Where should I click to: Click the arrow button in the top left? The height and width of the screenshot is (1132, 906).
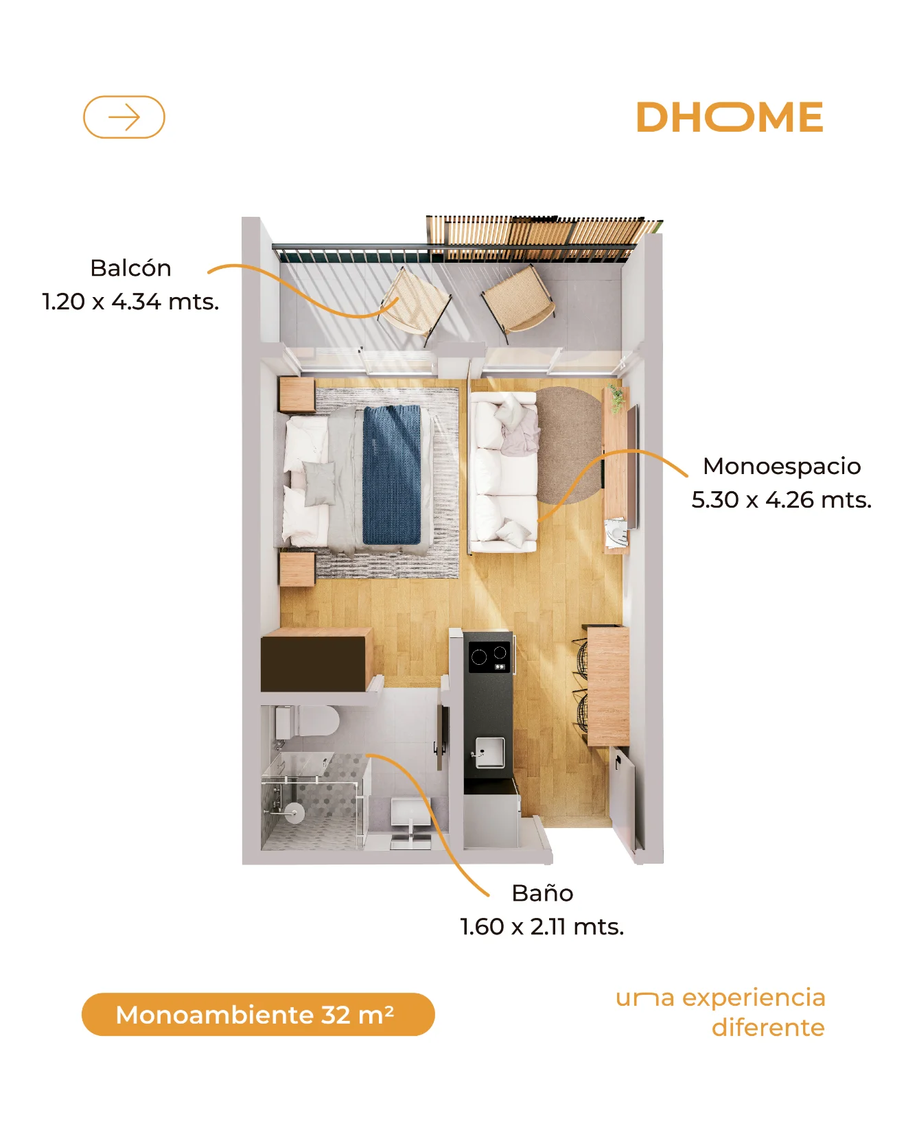click(x=124, y=117)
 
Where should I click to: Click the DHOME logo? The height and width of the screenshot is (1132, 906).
click(x=730, y=117)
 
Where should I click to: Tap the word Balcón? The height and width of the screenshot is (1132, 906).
click(x=130, y=268)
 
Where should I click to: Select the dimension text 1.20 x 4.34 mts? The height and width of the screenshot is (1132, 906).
click(x=130, y=301)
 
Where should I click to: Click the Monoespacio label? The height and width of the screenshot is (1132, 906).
click(x=782, y=467)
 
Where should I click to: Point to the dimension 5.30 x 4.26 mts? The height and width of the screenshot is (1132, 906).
click(x=782, y=499)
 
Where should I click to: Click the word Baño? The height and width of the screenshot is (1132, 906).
click(x=542, y=893)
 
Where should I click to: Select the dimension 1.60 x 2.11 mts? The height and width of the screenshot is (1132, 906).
click(x=542, y=926)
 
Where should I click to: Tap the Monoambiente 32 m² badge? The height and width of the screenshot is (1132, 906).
click(x=258, y=1014)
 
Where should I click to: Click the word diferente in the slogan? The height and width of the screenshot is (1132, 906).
click(x=768, y=1028)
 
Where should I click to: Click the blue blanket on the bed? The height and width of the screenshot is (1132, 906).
click(x=391, y=475)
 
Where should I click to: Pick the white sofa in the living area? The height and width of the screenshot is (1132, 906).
click(x=503, y=472)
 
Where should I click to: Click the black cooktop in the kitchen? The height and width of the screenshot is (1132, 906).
click(x=490, y=657)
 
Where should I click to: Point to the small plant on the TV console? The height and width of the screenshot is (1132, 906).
click(x=616, y=399)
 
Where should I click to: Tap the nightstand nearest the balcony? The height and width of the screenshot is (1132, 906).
click(x=297, y=394)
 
